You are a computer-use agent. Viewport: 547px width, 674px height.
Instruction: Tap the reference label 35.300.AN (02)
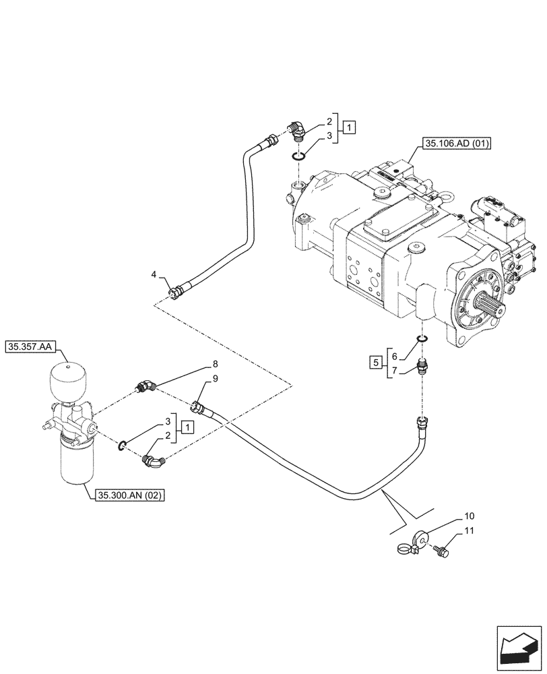pyautogui.click(x=131, y=495)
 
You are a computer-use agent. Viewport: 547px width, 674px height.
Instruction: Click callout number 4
pyautogui.click(x=154, y=274)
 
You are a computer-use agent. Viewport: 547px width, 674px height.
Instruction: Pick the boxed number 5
pyautogui.click(x=374, y=363)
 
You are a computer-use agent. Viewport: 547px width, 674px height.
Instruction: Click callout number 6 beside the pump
pyautogui.click(x=395, y=355)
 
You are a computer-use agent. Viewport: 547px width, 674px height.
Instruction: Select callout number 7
pyautogui.click(x=395, y=371)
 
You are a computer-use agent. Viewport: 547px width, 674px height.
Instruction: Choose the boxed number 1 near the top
pyautogui.click(x=348, y=126)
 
